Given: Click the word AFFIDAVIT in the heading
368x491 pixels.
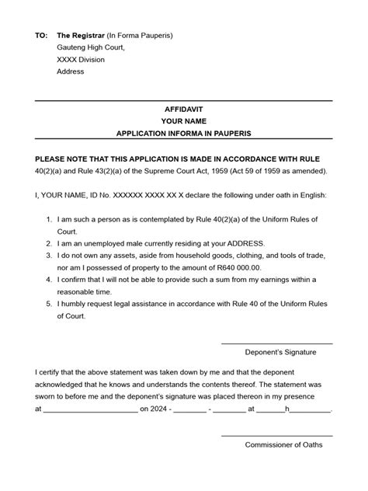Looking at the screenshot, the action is point(184,110).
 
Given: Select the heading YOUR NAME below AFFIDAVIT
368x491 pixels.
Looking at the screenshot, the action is point(184,121).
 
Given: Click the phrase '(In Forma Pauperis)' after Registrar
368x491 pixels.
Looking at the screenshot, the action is point(139,36).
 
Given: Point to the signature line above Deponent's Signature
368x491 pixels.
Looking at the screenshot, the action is point(276,343).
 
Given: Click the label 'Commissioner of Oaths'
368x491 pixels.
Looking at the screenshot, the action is point(283,444).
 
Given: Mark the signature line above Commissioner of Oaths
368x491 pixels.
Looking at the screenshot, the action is point(276,436).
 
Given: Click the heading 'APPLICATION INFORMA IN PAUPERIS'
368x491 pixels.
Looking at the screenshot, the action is point(184,134).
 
